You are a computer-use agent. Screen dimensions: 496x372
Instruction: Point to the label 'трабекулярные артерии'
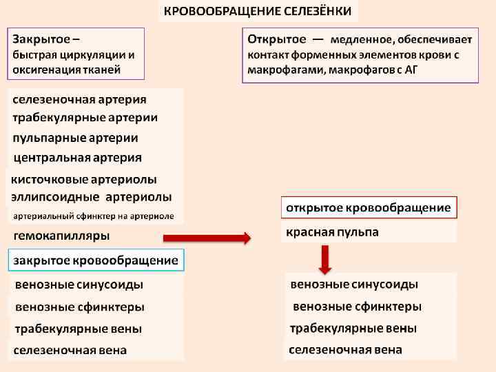[85, 118]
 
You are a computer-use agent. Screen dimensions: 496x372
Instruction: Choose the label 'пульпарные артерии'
[76, 138]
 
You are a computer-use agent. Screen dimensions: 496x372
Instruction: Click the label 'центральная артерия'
[78, 158]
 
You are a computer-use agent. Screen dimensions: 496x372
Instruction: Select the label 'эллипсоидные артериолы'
[92, 198]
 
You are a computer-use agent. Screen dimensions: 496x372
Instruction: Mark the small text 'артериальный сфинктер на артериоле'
[94, 216]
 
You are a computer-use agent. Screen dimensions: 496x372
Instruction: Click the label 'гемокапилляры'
[62, 236]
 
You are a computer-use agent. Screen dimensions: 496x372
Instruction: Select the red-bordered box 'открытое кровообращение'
[369, 207]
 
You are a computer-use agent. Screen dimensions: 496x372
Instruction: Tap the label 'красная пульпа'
[332, 232]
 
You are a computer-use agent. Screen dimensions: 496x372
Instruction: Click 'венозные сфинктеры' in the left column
[80, 307]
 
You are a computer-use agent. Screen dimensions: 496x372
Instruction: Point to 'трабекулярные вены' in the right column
[353, 328]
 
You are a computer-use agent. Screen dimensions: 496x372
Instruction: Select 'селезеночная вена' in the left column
[71, 350]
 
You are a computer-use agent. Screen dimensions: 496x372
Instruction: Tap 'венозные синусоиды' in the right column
[354, 285]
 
